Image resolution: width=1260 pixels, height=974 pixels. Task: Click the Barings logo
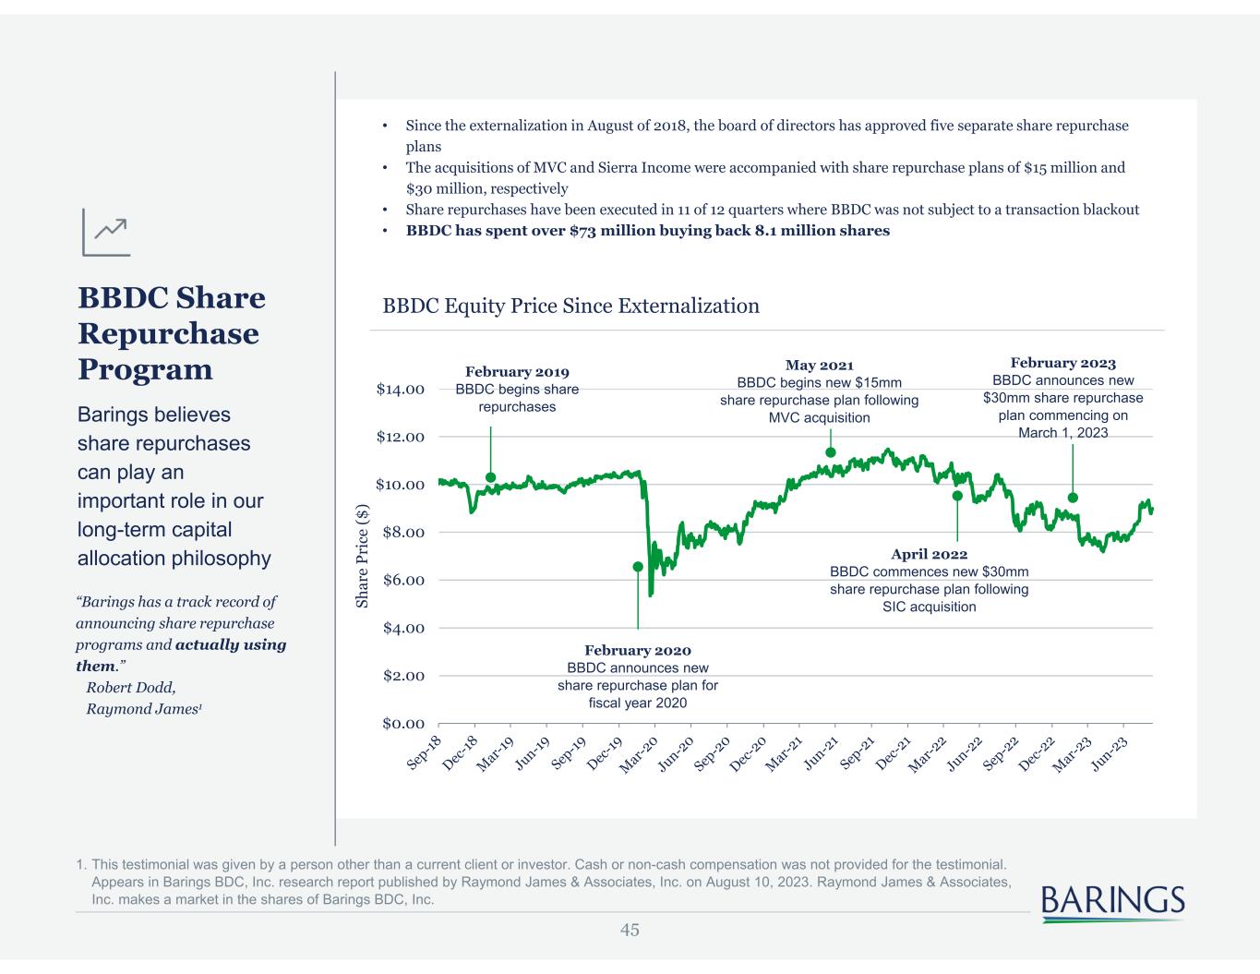point(1112,902)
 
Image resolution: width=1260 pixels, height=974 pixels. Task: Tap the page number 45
point(630,930)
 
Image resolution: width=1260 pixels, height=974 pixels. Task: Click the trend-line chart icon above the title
point(106,232)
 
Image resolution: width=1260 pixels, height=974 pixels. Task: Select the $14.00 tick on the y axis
point(400,389)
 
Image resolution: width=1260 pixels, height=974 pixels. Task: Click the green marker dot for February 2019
point(490,477)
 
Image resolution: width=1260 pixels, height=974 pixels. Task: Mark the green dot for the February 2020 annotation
point(638,567)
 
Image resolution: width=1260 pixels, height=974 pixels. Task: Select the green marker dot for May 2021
point(831,452)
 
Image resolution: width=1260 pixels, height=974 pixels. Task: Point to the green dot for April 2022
point(957,496)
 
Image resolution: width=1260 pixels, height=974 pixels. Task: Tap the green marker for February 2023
point(1073,498)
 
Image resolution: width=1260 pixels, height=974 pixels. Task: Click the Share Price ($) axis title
point(363,556)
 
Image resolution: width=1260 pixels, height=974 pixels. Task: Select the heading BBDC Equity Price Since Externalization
point(570,306)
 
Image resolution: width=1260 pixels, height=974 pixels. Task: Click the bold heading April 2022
point(929,554)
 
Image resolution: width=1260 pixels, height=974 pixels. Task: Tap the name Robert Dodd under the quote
point(130,687)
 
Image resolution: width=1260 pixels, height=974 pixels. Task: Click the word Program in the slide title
point(145,369)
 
